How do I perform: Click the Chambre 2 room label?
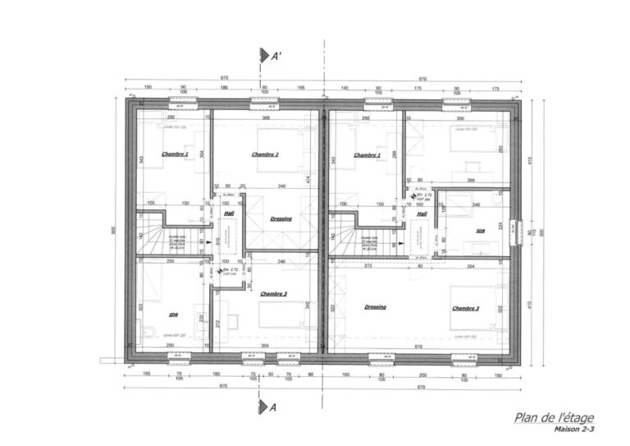[x=265, y=154]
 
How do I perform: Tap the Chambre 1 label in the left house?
[x=175, y=154]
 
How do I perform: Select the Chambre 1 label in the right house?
[x=367, y=154]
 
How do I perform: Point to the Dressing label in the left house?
[x=281, y=219]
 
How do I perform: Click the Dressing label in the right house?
[x=375, y=306]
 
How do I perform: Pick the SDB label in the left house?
[x=174, y=315]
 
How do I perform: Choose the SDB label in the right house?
[x=481, y=232]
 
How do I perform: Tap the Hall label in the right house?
[x=422, y=214]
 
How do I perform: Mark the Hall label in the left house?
[x=229, y=213]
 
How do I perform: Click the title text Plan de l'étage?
[x=554, y=418]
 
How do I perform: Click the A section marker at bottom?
[x=266, y=407]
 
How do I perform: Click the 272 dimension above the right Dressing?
[x=368, y=266]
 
